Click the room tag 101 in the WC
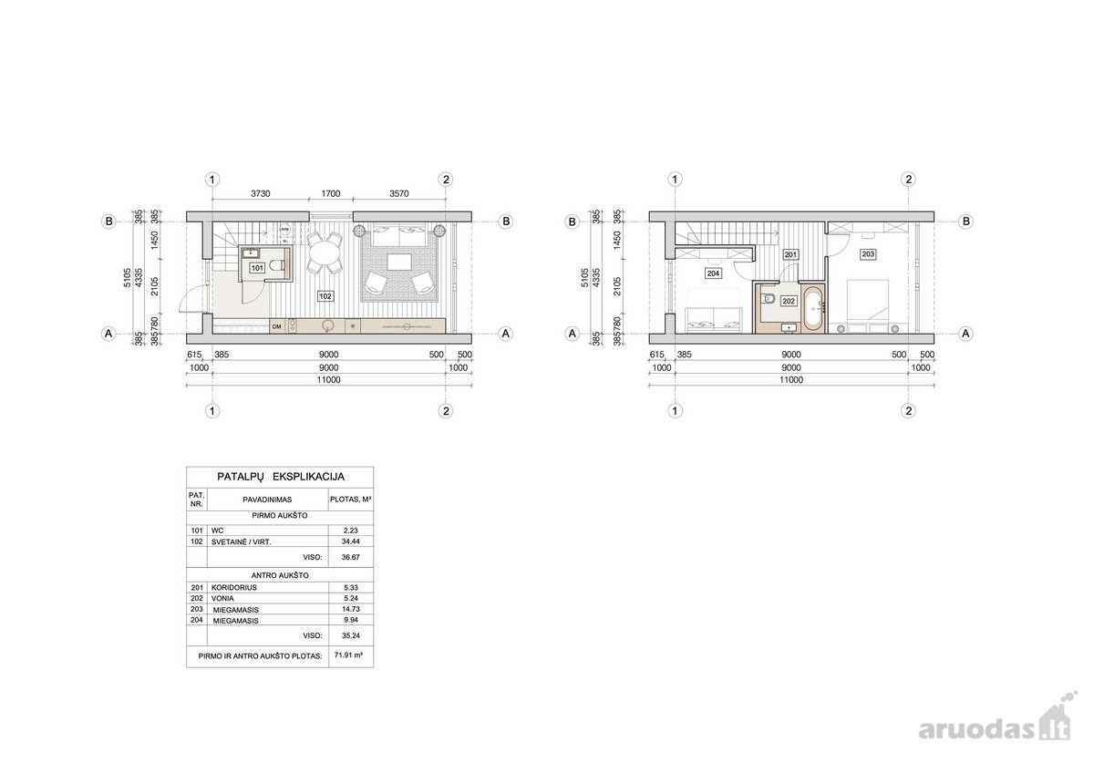click(257, 268)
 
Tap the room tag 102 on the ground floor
click(325, 296)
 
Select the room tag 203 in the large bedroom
click(867, 254)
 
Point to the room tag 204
click(713, 273)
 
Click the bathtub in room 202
click(814, 309)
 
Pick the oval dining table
click(325, 253)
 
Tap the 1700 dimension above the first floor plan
click(331, 193)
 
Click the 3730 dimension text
click(261, 193)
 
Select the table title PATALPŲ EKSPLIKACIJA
click(281, 477)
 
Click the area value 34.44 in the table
click(351, 541)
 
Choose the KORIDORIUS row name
click(234, 587)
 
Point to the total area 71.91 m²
click(348, 655)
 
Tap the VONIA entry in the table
click(222, 598)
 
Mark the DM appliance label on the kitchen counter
click(277, 326)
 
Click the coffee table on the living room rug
click(400, 262)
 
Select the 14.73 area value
click(351, 609)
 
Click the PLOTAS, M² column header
click(351, 500)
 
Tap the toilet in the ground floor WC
click(276, 266)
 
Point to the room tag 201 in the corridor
click(790, 254)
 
